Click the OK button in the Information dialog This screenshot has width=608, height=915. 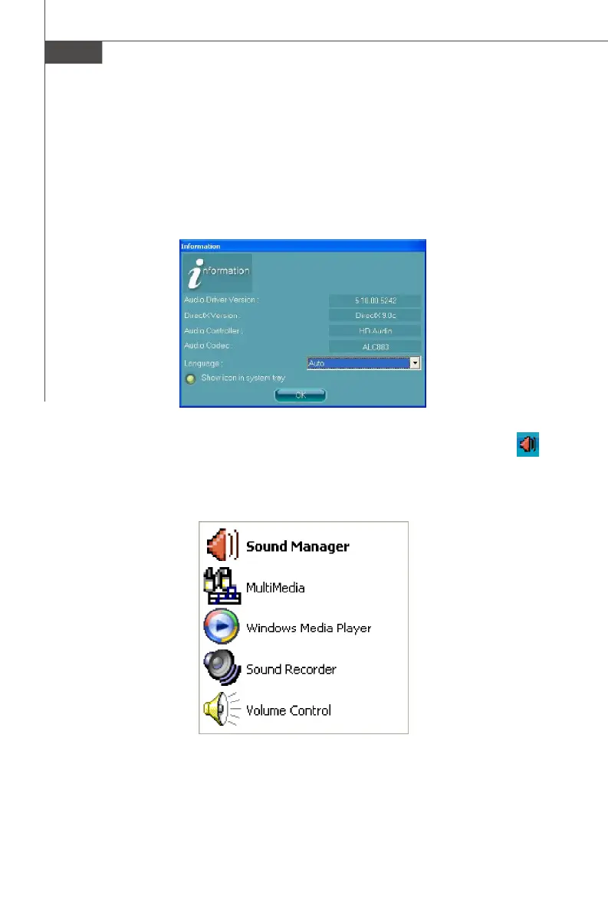click(x=301, y=395)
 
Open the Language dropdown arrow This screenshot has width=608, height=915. click(x=415, y=363)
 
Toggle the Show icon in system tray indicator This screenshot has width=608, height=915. click(x=190, y=379)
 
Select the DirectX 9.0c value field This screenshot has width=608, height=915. click(x=375, y=316)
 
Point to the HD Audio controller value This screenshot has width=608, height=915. click(x=375, y=331)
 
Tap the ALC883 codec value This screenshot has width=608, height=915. click(x=375, y=346)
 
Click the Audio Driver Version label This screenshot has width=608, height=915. click(x=222, y=300)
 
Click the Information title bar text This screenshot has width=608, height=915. click(x=201, y=247)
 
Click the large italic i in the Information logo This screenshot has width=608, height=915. click(x=193, y=274)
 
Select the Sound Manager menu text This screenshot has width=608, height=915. click(x=297, y=546)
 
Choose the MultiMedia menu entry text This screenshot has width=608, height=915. click(x=275, y=588)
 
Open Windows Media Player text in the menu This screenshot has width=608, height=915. click(x=308, y=628)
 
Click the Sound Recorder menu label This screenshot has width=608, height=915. click(x=291, y=669)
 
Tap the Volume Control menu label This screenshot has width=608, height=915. click(x=288, y=710)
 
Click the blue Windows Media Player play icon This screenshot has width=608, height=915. click(x=222, y=628)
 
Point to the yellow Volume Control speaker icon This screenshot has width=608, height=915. click(x=218, y=710)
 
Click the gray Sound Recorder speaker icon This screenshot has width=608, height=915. click(x=222, y=668)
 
